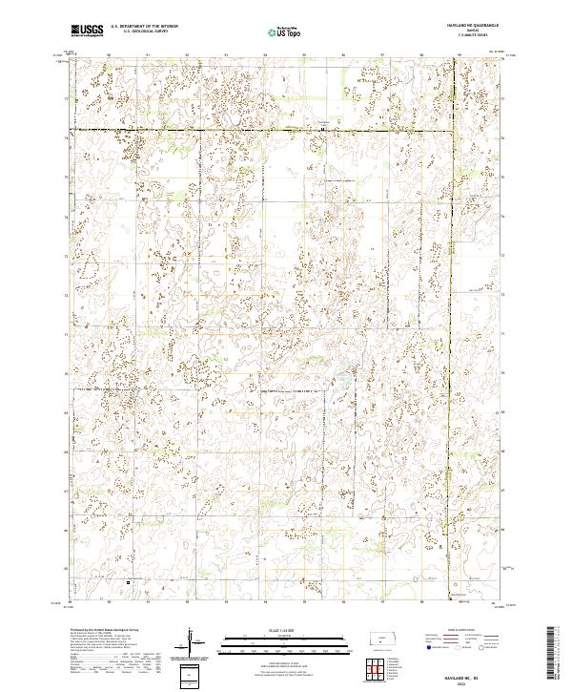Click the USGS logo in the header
tap(85, 30)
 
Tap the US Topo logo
tap(275, 31)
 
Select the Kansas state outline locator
tap(378, 638)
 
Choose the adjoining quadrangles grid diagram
tap(378, 664)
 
